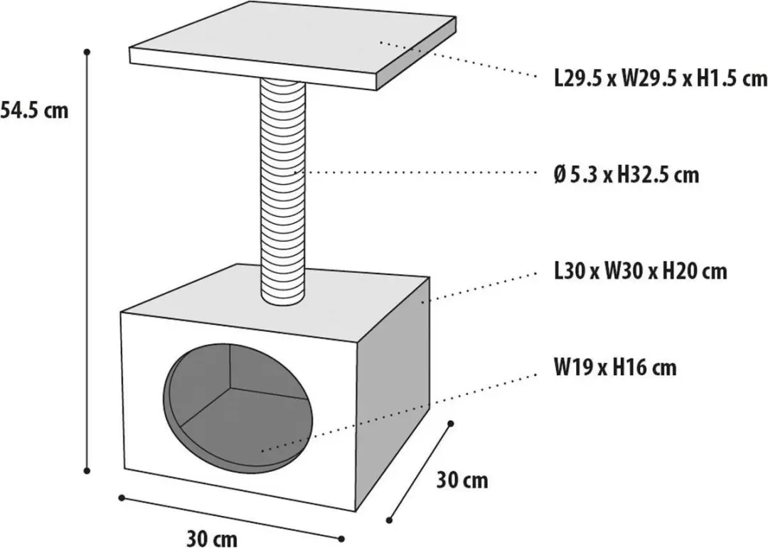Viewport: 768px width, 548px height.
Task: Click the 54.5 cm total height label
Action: (34, 110)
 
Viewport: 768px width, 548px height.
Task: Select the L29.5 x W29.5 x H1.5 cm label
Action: (660, 78)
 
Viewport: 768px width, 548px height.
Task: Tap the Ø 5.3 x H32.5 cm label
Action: (626, 174)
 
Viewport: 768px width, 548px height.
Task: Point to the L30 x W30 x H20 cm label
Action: (640, 271)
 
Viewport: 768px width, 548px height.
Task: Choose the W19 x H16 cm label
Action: (615, 367)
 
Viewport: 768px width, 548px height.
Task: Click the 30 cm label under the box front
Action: (212, 538)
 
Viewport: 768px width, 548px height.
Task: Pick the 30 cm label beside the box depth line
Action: (462, 480)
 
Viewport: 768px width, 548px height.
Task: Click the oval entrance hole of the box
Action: (238, 409)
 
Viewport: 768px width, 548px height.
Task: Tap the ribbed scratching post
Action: (283, 191)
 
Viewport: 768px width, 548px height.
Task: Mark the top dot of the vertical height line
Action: (87, 51)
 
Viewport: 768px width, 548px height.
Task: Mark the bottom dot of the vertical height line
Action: (87, 471)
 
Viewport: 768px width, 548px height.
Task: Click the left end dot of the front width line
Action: (122, 498)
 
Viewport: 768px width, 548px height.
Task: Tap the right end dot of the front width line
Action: (341, 539)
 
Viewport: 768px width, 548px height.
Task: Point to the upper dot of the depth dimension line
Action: (451, 423)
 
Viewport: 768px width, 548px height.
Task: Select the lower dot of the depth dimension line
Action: (390, 520)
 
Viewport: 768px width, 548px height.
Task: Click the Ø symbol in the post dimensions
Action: (560, 175)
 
